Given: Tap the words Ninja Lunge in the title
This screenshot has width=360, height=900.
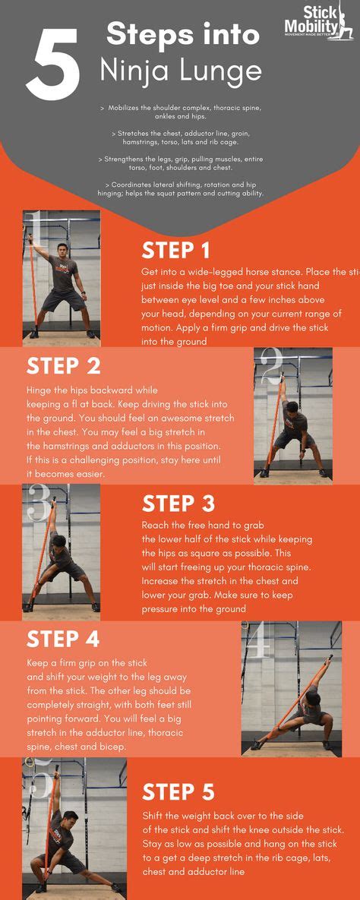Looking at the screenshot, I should (181, 71).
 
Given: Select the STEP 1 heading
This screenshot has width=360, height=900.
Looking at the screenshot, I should (176, 251).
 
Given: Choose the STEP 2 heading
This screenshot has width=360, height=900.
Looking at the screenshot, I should (63, 366).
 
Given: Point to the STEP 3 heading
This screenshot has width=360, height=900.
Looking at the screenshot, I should (178, 504).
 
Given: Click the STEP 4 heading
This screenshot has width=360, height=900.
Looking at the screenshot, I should (63, 639).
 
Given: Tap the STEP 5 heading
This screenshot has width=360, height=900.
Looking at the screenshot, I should (178, 792).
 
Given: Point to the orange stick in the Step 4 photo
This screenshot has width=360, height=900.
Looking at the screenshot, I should (292, 691).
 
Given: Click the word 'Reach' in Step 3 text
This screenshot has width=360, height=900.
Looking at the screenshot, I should (156, 526).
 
